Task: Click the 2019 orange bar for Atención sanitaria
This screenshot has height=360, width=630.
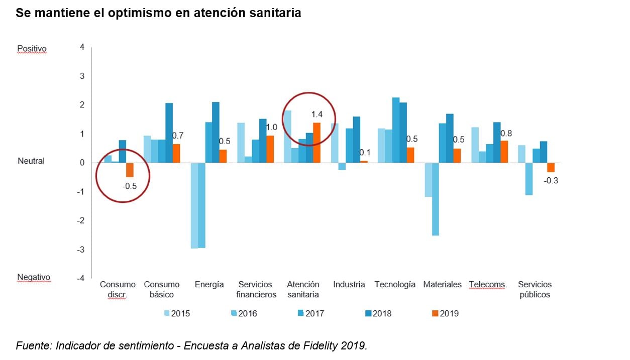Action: click(x=317, y=143)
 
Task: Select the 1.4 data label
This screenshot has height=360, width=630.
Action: click(x=317, y=115)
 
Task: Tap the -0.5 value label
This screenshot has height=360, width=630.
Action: click(x=129, y=186)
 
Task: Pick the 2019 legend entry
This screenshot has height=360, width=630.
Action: click(x=445, y=314)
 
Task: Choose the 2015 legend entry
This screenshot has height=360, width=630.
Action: click(x=177, y=314)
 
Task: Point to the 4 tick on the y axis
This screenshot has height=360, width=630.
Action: click(x=82, y=47)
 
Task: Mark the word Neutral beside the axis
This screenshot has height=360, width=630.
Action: click(x=31, y=161)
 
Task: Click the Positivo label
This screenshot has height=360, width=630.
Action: click(x=32, y=49)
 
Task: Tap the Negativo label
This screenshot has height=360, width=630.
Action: click(x=34, y=277)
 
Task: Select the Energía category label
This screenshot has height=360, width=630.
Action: click(x=209, y=285)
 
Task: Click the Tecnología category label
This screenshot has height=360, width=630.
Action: click(x=395, y=285)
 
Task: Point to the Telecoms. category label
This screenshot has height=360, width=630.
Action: click(x=488, y=285)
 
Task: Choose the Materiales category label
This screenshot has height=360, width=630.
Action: click(x=442, y=285)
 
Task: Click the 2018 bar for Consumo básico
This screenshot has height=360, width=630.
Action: click(x=169, y=133)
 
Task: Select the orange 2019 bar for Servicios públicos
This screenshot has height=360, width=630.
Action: click(x=551, y=168)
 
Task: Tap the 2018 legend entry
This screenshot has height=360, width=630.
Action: click(x=378, y=314)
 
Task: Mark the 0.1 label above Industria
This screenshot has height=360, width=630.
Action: click(x=364, y=153)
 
